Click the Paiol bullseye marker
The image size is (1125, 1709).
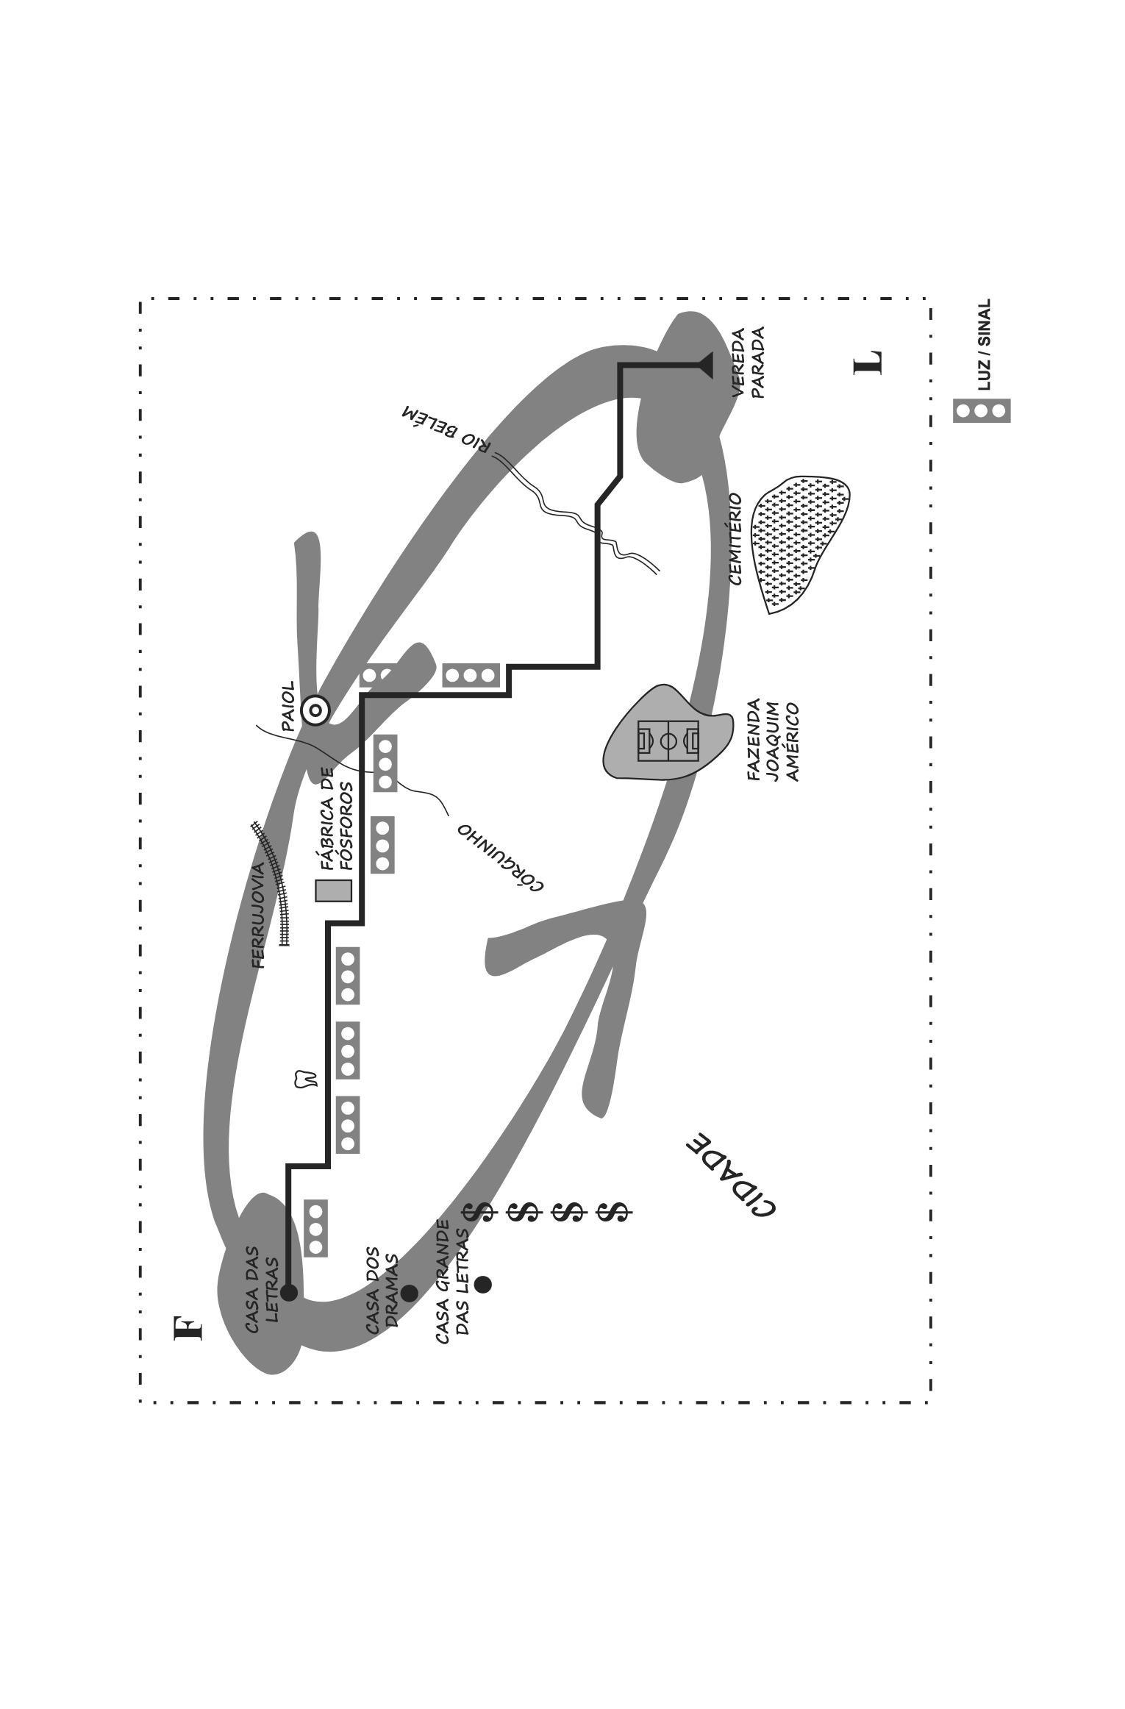[x=315, y=710]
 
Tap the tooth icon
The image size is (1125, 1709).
[x=305, y=1079]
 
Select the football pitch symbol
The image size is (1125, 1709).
[x=668, y=741]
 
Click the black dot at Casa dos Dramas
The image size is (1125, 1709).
[x=409, y=1293]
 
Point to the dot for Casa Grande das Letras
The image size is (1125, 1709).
[x=482, y=1285]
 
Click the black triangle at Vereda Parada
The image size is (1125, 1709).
[x=704, y=365]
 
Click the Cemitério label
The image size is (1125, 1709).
[x=735, y=539]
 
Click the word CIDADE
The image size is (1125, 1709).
[x=730, y=1176]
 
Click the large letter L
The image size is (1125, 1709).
[x=868, y=363]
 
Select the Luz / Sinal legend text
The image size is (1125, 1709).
[x=984, y=344]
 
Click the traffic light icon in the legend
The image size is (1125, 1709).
[x=982, y=410]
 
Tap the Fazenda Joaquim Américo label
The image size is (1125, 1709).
[x=772, y=740]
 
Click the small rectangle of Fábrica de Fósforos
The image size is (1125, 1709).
[x=334, y=891]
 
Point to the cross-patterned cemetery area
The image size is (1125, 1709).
[x=799, y=543]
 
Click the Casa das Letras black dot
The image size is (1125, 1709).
[x=289, y=1292]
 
